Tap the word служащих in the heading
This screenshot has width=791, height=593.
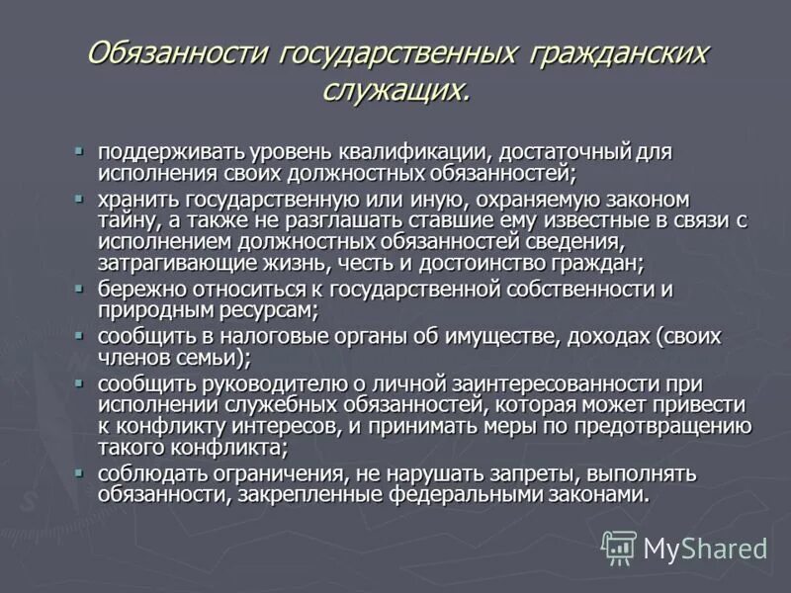pos(392,90)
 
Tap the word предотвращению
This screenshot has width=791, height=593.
pos(661,427)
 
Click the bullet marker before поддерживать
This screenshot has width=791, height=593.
pos(80,151)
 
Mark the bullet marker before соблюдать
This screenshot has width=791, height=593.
pos(80,471)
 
